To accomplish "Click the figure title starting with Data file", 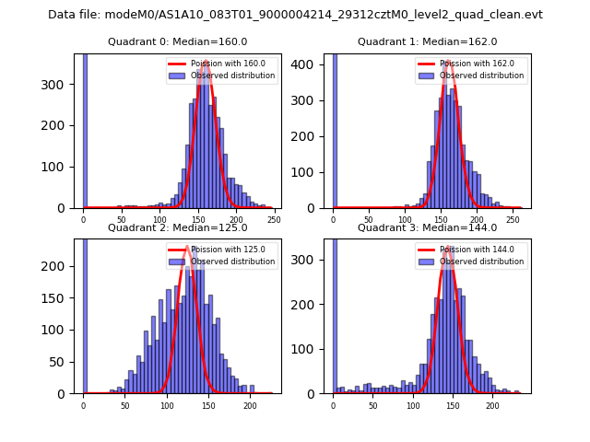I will coord(295,15).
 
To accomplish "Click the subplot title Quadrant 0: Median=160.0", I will coord(178,41).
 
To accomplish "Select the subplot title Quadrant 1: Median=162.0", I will coord(427,41).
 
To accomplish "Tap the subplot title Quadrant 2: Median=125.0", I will coord(178,227).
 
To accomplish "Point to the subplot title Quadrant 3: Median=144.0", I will coord(427,227).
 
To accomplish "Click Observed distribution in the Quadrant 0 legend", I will coord(232,76).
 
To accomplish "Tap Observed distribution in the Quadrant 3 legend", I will coord(481,262).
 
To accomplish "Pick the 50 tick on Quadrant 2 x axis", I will coord(125,405).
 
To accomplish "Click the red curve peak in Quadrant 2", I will coord(187,247).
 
